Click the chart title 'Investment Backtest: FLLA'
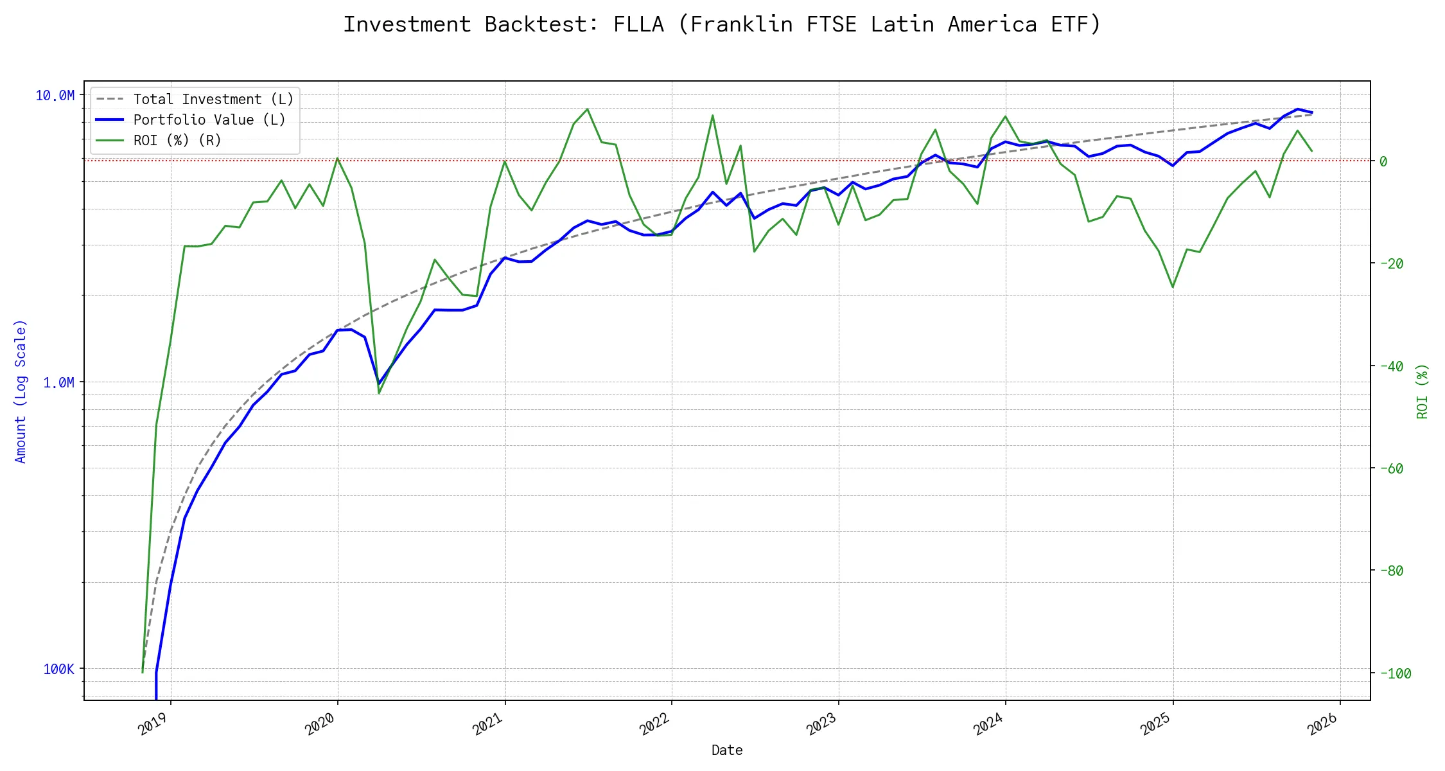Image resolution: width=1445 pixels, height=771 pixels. point(722,24)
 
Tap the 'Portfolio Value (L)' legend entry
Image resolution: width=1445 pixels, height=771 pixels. point(209,120)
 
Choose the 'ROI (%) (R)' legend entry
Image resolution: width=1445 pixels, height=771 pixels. point(177,140)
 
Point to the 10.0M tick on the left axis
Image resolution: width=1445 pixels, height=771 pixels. point(55,96)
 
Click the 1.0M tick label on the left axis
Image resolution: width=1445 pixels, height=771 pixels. point(58,382)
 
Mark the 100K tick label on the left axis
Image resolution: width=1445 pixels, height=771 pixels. point(58,669)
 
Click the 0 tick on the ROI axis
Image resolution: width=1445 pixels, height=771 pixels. point(1383,161)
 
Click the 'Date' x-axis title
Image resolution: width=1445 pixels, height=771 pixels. point(727,750)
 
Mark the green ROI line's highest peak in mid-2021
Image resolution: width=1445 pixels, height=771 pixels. point(588,109)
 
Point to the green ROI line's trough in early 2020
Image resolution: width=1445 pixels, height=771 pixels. point(379,393)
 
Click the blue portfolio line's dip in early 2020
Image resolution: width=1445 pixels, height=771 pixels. point(379,384)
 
